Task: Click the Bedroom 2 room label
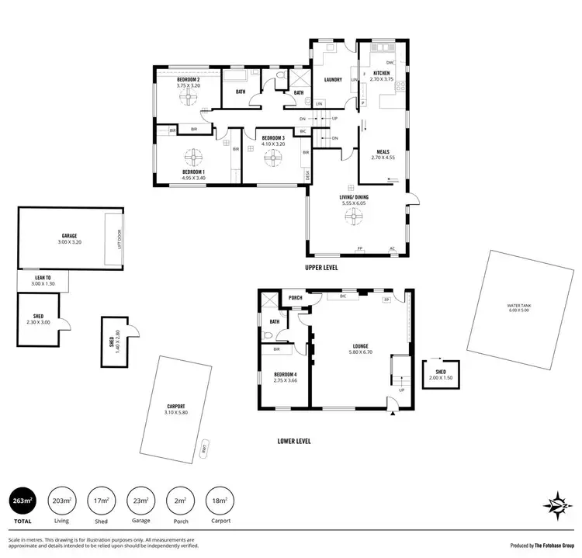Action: tap(189, 80)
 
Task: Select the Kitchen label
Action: tap(379, 73)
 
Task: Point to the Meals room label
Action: tap(382, 152)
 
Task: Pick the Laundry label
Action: tap(333, 79)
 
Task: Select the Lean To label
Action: tap(43, 277)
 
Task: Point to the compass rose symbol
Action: tap(556, 501)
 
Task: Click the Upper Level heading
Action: tap(320, 267)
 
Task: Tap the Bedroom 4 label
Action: tap(286, 375)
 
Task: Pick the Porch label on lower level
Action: tap(295, 297)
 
